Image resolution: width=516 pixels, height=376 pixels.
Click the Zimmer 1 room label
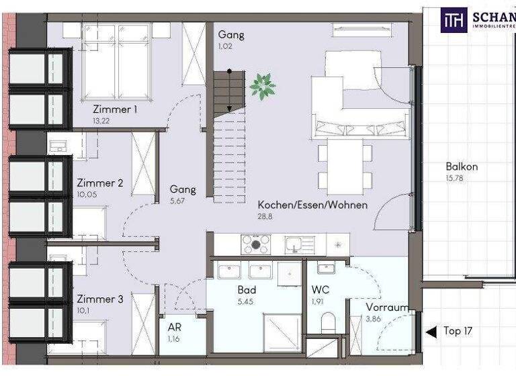[x=115, y=109]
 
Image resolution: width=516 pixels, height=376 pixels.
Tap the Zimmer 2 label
[x=99, y=183]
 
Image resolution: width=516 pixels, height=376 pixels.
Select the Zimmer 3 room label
[x=99, y=299]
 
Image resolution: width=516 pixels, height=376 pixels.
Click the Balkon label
[x=462, y=167]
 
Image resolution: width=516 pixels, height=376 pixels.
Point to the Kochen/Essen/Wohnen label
[x=312, y=205]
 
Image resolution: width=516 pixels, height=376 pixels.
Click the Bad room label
[x=247, y=291]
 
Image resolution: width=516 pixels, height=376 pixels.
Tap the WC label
[x=320, y=291]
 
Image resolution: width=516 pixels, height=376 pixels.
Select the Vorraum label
[x=388, y=308]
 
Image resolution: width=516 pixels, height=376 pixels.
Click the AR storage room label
[x=175, y=327]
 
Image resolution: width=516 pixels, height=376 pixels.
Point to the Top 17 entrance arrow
[x=431, y=331]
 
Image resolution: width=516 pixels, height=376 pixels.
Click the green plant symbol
[x=263, y=86]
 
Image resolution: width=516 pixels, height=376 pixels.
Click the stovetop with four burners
[x=256, y=244]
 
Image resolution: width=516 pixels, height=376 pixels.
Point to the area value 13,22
[x=101, y=122]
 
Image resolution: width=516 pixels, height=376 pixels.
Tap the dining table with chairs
[x=345, y=164]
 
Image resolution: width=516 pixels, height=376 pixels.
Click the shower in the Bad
[x=282, y=332]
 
